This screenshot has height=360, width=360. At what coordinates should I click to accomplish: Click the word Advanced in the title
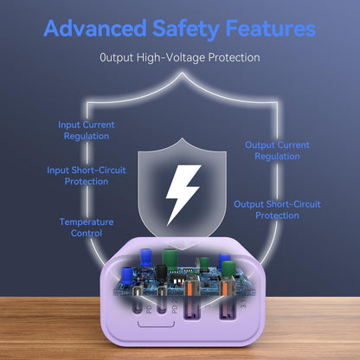pyautogui.click(x=95, y=29)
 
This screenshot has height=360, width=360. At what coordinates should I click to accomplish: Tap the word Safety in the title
pyautogui.click(x=186, y=29)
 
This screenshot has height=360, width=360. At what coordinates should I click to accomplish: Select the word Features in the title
pyautogui.click(x=271, y=29)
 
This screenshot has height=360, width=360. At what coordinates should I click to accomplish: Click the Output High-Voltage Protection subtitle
pyautogui.click(x=180, y=57)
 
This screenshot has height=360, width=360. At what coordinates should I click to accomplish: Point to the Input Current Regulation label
pyautogui.click(x=87, y=131)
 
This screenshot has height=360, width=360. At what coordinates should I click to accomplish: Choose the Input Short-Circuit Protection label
pyautogui.click(x=87, y=176)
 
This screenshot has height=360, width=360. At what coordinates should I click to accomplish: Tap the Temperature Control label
pyautogui.click(x=87, y=228)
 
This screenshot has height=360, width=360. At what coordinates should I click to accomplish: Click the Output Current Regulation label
pyautogui.click(x=277, y=151)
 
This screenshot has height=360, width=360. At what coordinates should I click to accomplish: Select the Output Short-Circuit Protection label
pyautogui.click(x=277, y=209)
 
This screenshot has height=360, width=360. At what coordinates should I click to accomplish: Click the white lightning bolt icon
pyautogui.click(x=183, y=194)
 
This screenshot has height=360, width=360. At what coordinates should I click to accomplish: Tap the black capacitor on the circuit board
pyautogui.click(x=162, y=273)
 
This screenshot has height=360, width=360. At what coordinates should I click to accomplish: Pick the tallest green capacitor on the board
pyautogui.click(x=170, y=260)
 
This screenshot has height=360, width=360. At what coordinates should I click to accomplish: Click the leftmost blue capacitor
pyautogui.click(x=127, y=276)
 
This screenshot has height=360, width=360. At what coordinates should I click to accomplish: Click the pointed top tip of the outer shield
pyautogui.click(x=182, y=73)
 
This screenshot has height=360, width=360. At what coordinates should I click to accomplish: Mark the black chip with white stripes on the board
pyautogui.click(x=176, y=280)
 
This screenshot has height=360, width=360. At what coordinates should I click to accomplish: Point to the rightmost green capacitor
pyautogui.click(x=228, y=269)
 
